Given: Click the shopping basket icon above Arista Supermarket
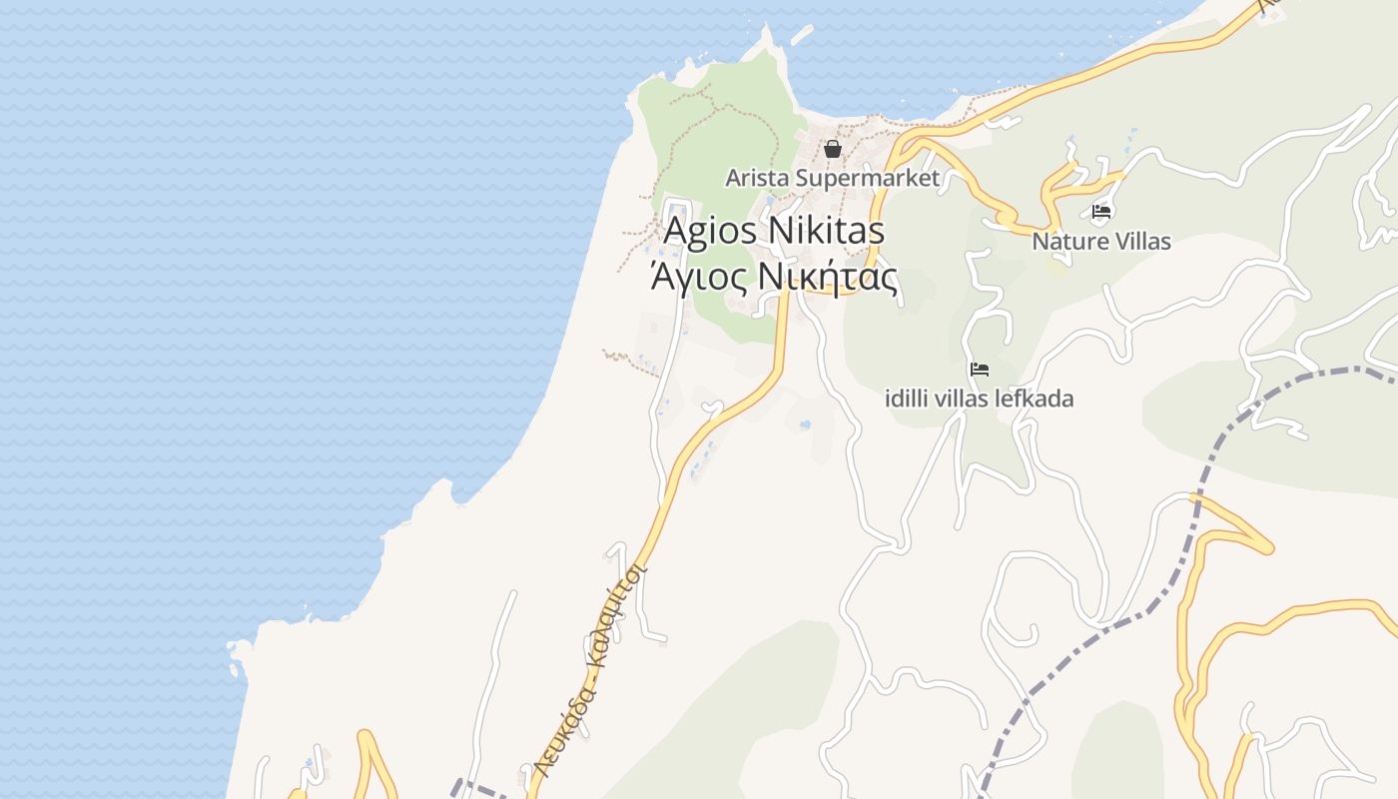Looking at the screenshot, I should (833, 149).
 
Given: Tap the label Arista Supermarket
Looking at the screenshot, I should (833, 179).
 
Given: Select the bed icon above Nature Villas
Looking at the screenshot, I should (1101, 212).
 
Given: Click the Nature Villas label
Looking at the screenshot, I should (1101, 242).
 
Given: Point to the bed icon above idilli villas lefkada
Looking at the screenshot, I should (980, 370).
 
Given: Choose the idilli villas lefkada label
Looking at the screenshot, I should (980, 399).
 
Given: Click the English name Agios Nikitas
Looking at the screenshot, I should (774, 231).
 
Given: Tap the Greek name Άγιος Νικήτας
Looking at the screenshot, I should (774, 277).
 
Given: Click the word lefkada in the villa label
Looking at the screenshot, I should (1036, 399).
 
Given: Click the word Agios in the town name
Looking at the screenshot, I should (712, 231).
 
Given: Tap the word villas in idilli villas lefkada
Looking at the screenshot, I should (965, 399).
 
